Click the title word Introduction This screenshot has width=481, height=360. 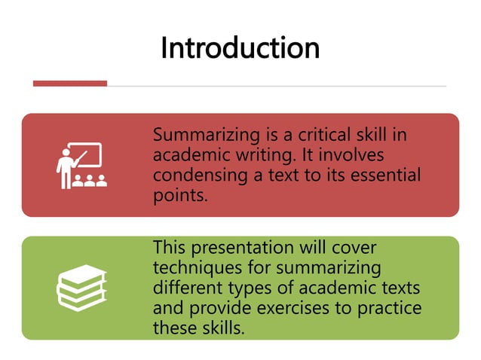pyautogui.click(x=240, y=48)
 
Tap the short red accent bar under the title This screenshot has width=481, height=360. pyautogui.click(x=69, y=84)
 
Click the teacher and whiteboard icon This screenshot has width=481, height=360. pyautogui.click(x=81, y=165)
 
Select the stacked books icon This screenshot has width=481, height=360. pyautogui.click(x=81, y=287)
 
